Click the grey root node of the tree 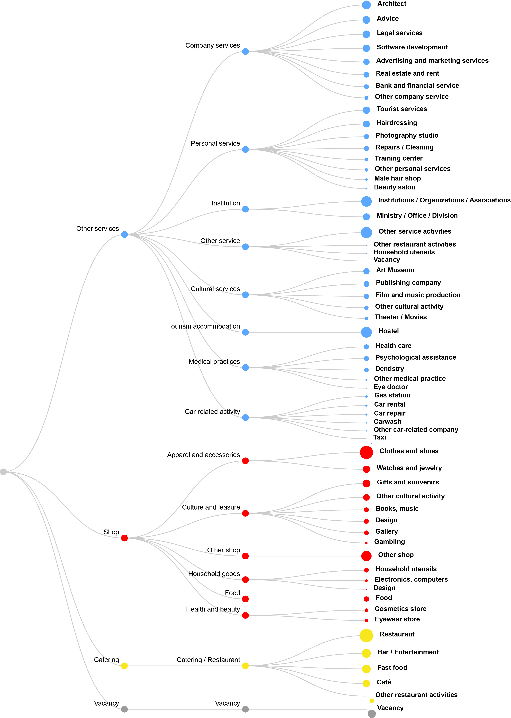[x=4, y=472]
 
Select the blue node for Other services [x=124, y=234]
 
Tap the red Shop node [x=124, y=538]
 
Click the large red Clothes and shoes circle [x=366, y=452]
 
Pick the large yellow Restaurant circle [x=366, y=636]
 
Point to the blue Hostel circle [x=366, y=332]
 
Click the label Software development [x=412, y=47]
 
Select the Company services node [x=246, y=51]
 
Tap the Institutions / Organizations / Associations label [x=444, y=200]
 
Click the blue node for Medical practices [x=246, y=368]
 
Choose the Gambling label [x=389, y=541]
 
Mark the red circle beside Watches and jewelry [x=366, y=469]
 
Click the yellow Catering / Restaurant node [x=246, y=666]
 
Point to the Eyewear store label [x=397, y=619]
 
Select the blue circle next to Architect [x=366, y=5]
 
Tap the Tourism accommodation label [x=204, y=326]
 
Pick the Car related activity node [x=246, y=418]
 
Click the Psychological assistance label [x=415, y=357]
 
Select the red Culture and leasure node [x=246, y=513]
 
